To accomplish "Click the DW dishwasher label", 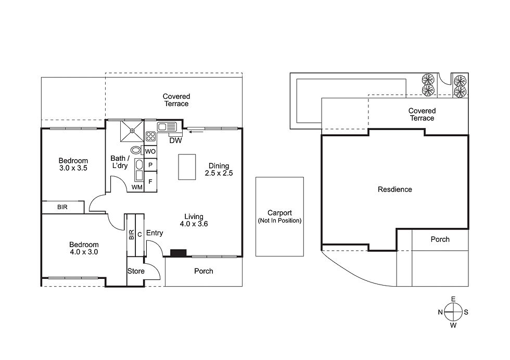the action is (176, 140).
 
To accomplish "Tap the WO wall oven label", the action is (150, 151).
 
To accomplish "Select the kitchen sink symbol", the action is (167, 126).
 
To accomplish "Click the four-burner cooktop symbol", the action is (150, 136).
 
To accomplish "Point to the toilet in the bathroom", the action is (136, 150).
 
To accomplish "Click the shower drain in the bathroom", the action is (132, 131).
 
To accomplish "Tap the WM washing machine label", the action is (137, 187).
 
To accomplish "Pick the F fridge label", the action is (150, 182).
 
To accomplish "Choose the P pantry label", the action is (150, 165).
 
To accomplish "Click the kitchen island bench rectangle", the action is (187, 167).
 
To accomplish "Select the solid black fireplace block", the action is (178, 253).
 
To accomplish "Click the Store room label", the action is (136, 271).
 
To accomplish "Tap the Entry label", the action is (155, 233).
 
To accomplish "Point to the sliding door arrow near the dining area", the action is (197, 132).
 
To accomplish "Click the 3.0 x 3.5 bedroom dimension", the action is (73, 168).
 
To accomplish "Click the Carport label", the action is (280, 213).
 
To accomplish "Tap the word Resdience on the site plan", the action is (395, 189).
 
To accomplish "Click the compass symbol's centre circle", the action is (453, 312).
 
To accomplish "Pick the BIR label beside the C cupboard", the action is (131, 235).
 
